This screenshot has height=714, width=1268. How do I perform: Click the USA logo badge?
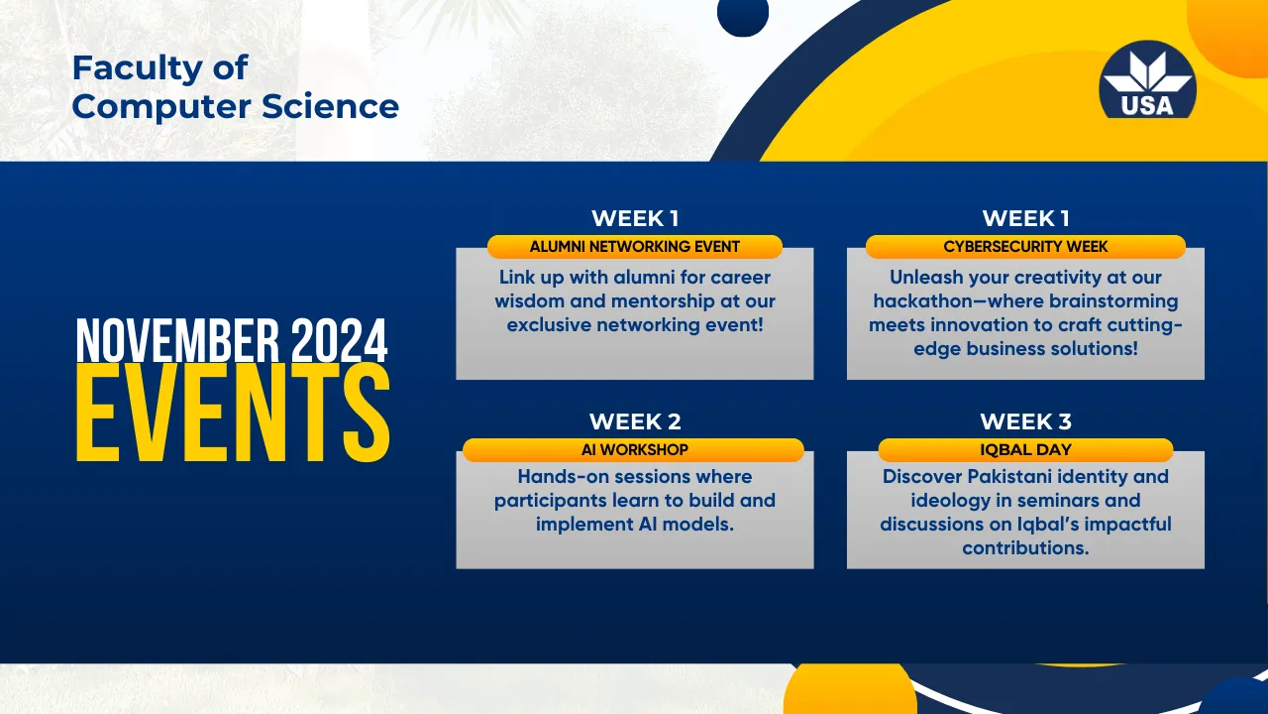(1147, 80)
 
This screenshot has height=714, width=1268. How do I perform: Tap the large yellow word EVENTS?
(233, 413)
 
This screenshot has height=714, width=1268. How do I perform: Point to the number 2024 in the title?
(339, 340)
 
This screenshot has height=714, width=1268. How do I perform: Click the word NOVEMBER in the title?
(177, 340)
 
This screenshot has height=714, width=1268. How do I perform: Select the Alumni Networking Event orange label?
(635, 247)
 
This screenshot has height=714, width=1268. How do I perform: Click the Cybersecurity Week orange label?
(1025, 247)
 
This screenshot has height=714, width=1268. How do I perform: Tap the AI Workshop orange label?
(634, 450)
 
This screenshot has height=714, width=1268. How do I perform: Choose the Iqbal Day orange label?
(1025, 450)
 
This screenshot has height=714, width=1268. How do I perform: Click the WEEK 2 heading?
(635, 421)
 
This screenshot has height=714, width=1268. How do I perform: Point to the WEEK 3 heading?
(1025, 421)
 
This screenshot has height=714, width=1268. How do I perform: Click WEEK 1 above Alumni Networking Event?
(635, 218)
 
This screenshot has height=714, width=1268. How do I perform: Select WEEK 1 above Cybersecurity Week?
(1025, 218)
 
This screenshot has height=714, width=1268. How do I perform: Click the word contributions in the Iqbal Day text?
(1025, 548)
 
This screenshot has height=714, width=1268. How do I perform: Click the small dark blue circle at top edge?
(743, 17)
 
